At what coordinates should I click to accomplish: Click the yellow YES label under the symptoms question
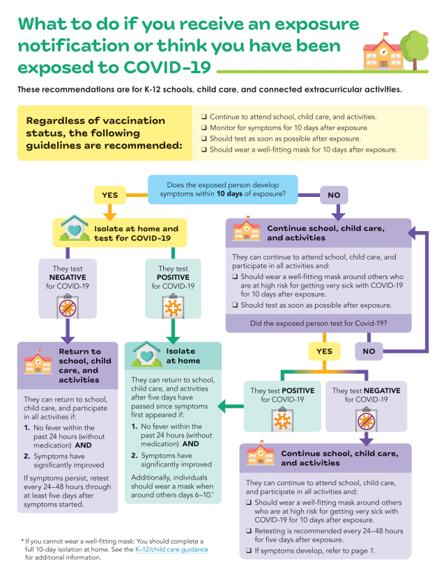[110, 195]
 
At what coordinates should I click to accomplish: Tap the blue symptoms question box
[222, 189]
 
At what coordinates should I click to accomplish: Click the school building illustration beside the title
[383, 52]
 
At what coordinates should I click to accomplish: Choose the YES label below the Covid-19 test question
[324, 351]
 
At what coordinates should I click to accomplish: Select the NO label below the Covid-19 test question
[369, 351]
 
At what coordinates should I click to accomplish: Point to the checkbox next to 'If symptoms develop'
[249, 551]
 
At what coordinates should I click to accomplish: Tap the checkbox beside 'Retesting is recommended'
[249, 530]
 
